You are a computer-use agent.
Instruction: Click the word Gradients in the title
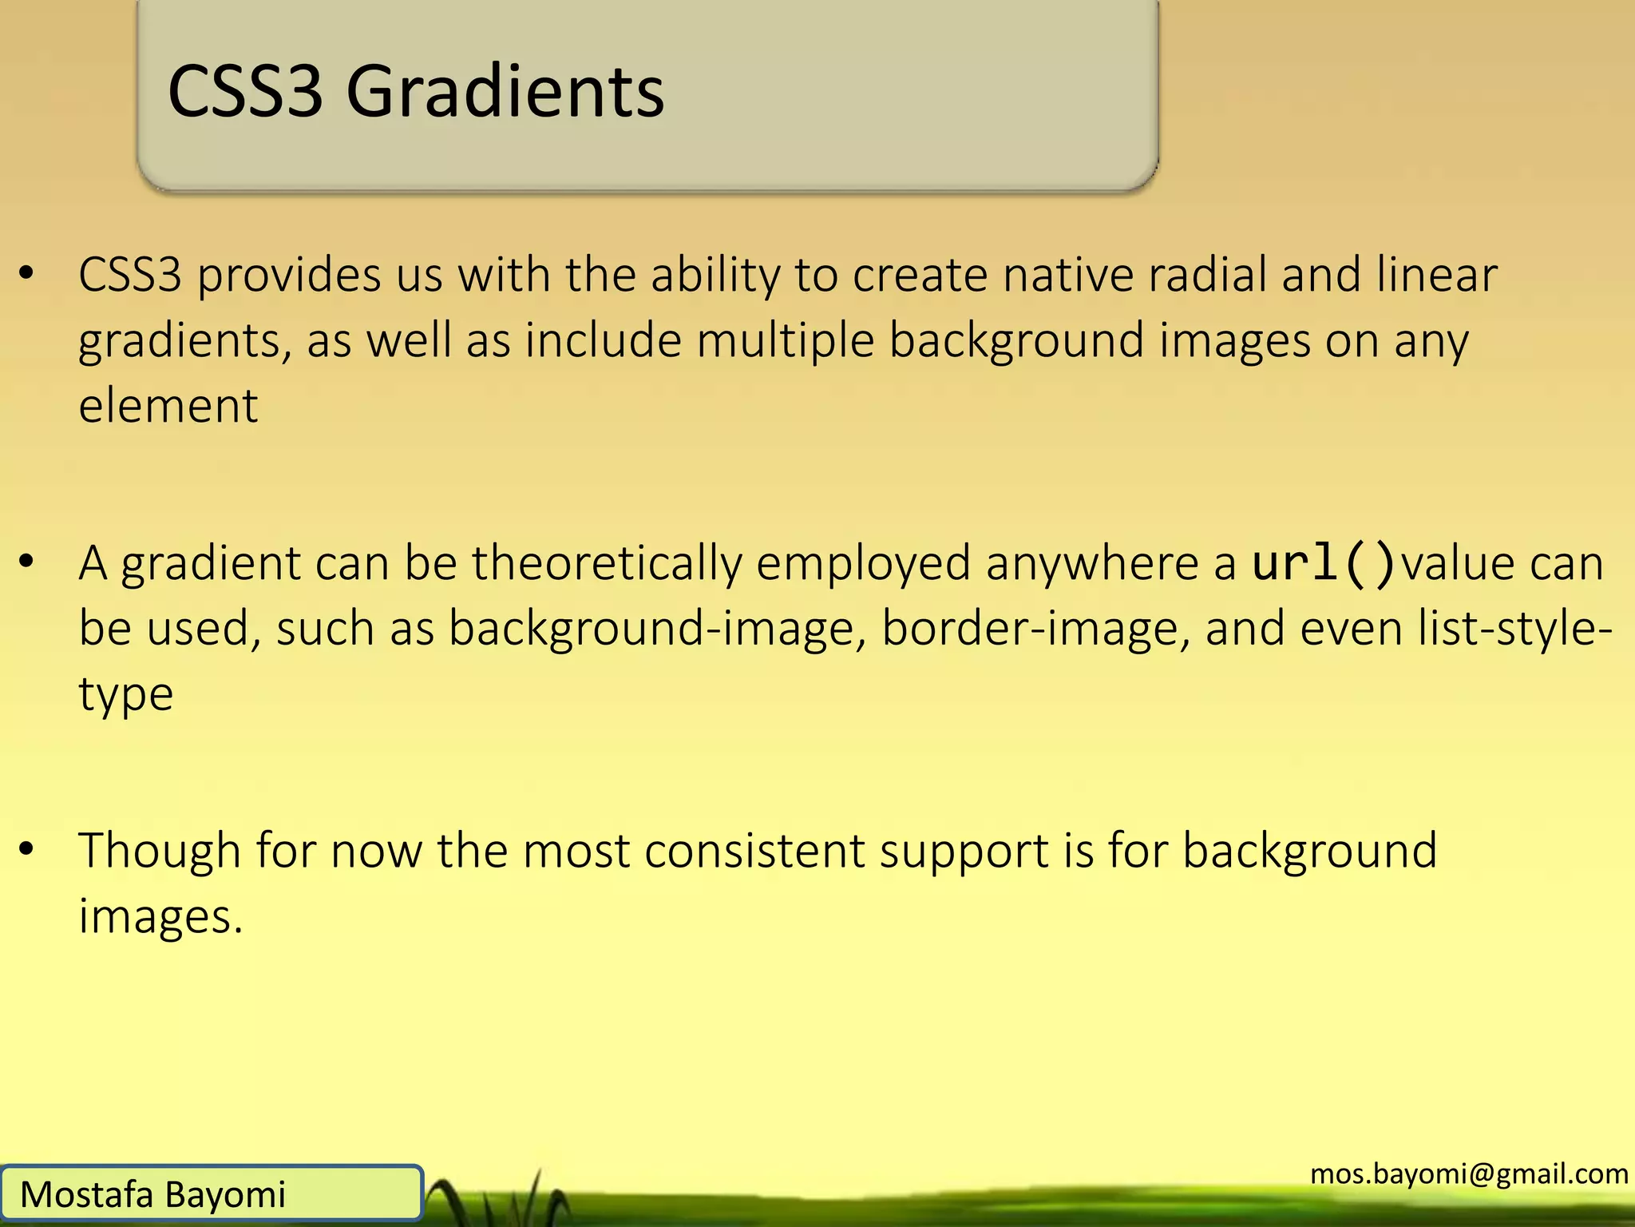[505, 92]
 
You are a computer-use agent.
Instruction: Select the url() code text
[1324, 562]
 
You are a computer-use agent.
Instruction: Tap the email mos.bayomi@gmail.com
[1469, 1173]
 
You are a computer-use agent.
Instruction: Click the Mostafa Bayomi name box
[211, 1193]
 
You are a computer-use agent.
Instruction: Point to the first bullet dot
[27, 274]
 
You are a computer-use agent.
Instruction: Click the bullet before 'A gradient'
[27, 562]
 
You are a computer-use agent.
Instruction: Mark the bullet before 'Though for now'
[27, 849]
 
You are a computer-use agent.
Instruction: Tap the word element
[168, 406]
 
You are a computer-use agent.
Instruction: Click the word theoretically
[607, 564]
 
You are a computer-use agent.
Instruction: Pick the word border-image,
[1035, 629]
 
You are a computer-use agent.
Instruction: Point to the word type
[125, 695]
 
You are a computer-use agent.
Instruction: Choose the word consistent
[754, 850]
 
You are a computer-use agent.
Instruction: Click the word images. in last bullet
[160, 916]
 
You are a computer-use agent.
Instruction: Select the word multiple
[785, 341]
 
